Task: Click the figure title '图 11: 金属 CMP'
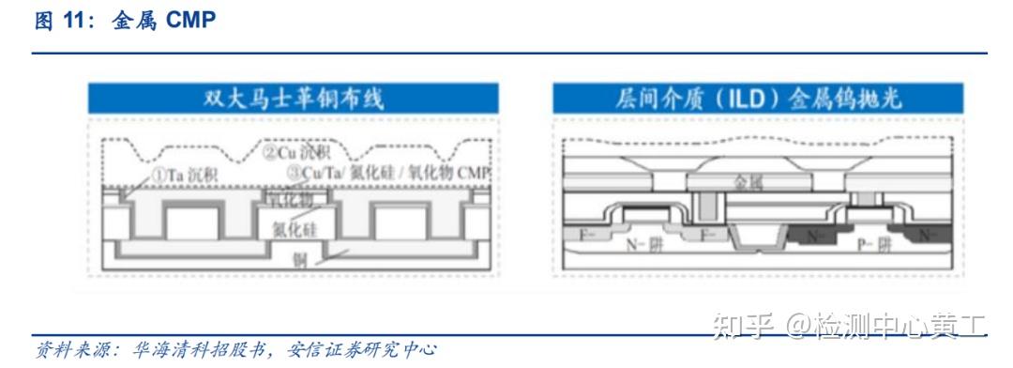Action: coord(125,21)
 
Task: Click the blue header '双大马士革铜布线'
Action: coord(294,99)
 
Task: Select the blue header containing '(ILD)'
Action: coord(757,99)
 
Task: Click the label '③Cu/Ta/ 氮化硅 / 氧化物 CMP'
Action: coord(389,174)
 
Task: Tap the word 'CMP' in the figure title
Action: coord(190,21)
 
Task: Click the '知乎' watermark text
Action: coord(742,326)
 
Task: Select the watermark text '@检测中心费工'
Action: coord(885,326)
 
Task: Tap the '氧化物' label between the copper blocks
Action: coord(293,200)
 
